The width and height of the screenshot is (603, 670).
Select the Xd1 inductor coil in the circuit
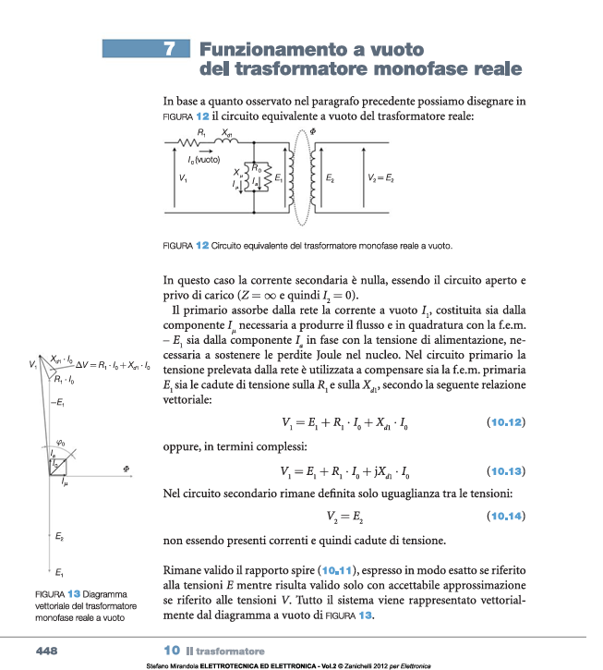[228, 142]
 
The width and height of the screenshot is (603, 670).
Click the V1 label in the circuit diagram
[183, 177]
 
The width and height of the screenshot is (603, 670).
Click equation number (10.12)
[504, 422]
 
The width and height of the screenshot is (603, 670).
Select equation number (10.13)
[504, 469]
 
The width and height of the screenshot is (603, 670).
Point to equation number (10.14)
[504, 516]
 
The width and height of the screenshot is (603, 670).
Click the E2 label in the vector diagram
[58, 536]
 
